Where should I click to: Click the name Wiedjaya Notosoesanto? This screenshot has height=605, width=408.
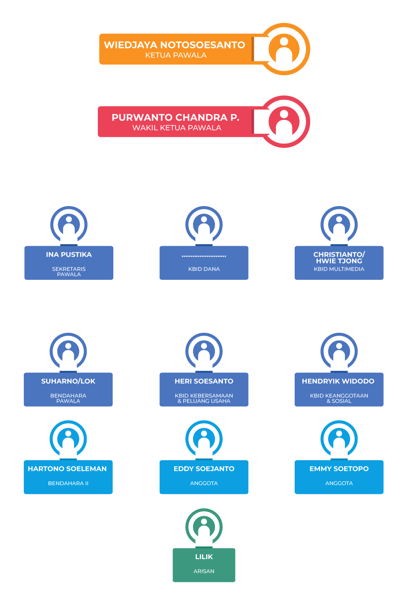coord(174,45)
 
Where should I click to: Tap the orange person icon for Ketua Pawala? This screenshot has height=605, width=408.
coord(284,49)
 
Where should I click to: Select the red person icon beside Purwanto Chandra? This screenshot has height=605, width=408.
coord(284,122)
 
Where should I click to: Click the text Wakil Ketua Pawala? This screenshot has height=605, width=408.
coord(176,128)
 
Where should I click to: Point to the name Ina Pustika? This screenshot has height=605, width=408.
coord(69,254)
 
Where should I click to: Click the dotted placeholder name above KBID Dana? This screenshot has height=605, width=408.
coord(204,256)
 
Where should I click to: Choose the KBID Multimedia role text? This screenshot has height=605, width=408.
coord(339,269)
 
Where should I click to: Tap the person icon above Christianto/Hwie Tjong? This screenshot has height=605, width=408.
coord(339,225)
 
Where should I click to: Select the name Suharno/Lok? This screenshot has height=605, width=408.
coord(68,381)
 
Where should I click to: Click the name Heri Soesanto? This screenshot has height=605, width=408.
coord(204,381)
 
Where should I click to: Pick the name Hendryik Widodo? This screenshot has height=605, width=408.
coord(338,381)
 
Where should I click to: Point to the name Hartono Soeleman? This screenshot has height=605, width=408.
coord(67,469)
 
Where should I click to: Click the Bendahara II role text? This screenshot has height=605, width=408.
coord(68,483)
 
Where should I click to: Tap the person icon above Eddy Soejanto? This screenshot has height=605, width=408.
coord(204,439)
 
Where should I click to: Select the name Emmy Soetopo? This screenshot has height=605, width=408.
coord(339,469)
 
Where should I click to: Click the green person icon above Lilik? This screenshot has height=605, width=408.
coord(204,527)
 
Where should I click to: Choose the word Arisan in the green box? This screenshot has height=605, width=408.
coord(204,571)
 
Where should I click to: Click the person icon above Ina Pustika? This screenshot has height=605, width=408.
coord(69,225)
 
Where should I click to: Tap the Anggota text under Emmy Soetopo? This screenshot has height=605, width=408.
coord(339,483)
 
